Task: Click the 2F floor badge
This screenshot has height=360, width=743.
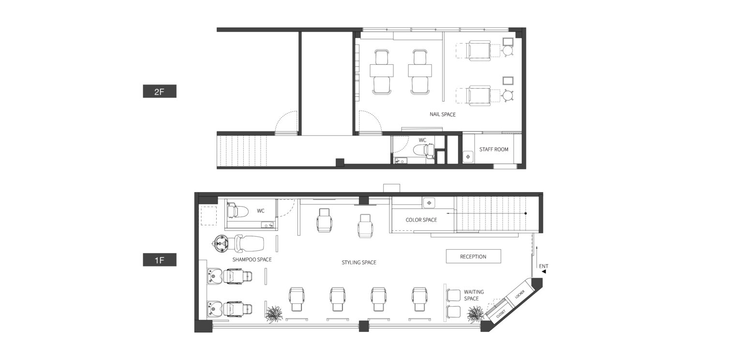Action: tap(160, 91)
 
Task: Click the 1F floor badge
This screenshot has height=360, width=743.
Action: tap(160, 260)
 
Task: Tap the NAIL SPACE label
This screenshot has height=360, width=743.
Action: tap(443, 115)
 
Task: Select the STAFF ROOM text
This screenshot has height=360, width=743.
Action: tap(493, 150)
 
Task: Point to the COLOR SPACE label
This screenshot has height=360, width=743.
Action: tap(421, 220)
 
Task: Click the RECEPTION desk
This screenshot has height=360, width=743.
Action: tap(474, 256)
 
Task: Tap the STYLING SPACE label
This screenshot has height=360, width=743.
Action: tap(359, 262)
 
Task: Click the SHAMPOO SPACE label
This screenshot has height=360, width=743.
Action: tap(252, 259)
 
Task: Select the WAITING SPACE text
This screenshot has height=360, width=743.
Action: tap(474, 295)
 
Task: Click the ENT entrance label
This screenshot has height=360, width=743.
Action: tap(543, 266)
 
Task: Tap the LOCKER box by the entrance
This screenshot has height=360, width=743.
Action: tap(520, 294)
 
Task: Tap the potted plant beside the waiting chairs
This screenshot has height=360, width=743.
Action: tap(476, 314)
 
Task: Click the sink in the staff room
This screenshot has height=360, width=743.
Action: tap(468, 157)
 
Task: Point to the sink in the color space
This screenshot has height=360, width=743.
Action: tap(429, 203)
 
